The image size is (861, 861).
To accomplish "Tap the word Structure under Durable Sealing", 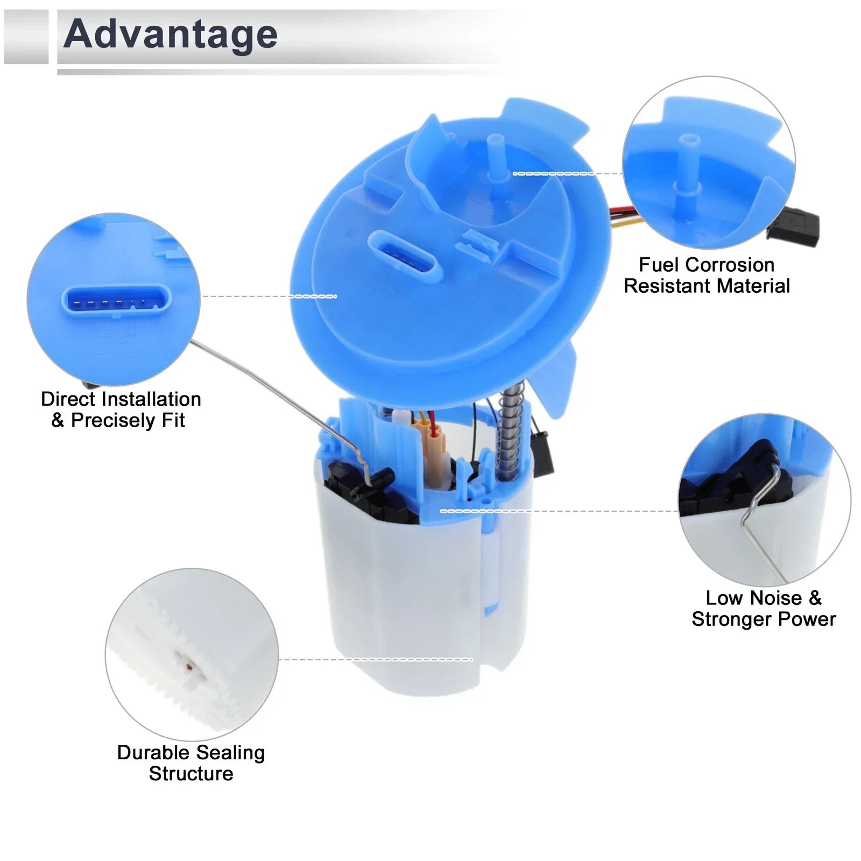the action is [191, 774].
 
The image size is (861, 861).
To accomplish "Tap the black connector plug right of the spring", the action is [542, 453].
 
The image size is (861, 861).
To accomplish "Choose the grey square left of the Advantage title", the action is [26, 37].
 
